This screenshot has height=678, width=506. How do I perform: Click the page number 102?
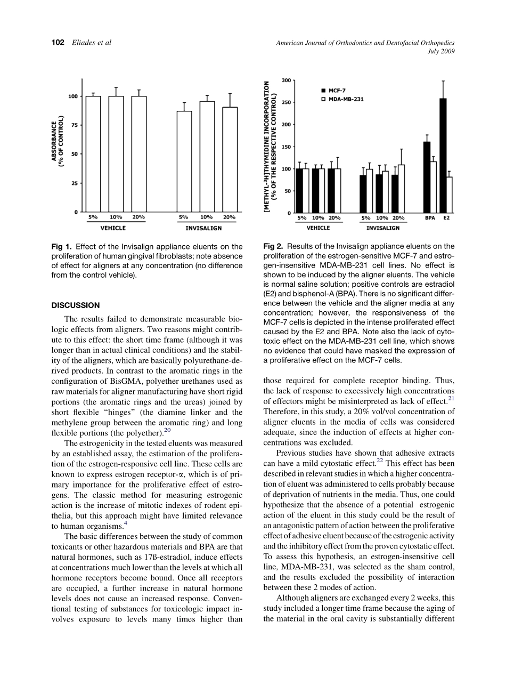point(58,43)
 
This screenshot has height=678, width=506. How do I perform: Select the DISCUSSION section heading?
point(75,305)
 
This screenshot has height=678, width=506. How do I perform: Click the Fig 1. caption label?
point(62,247)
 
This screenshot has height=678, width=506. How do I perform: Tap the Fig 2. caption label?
point(273,247)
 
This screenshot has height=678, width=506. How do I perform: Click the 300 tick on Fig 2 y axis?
point(287,80)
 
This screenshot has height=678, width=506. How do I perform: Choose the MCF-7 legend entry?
point(335,91)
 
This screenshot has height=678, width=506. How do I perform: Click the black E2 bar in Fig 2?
point(443,156)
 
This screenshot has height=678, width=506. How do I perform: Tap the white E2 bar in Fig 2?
point(449,195)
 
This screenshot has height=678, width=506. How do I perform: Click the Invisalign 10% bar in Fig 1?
point(207,157)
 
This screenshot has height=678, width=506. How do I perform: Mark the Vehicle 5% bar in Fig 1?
point(93,154)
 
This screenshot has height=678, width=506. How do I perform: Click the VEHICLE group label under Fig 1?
point(113,228)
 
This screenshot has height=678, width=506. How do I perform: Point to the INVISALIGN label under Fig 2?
point(382,228)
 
